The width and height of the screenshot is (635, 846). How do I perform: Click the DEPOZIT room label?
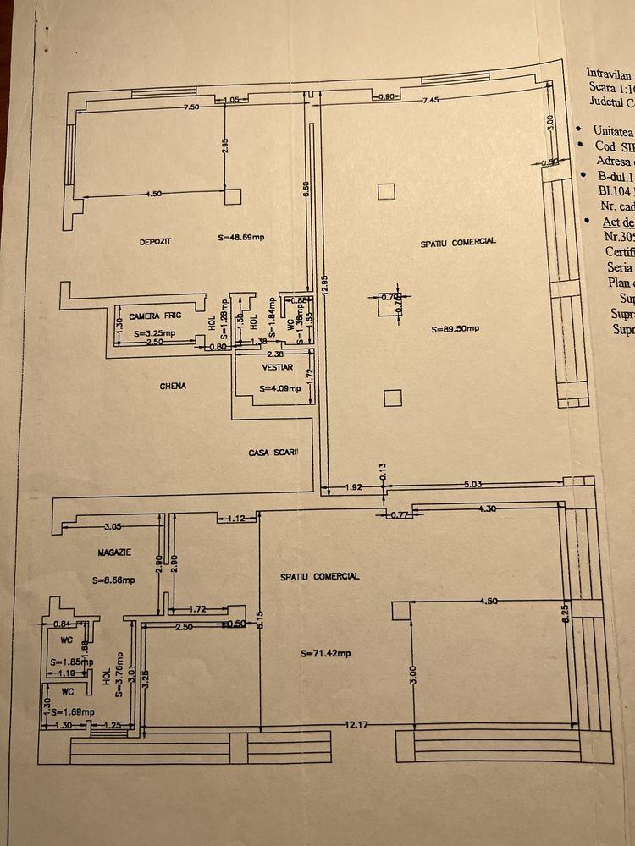(156, 242)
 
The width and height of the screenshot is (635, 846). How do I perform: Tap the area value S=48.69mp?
(241, 238)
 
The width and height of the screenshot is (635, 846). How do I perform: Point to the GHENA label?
(173, 386)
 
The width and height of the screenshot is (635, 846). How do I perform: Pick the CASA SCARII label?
(273, 453)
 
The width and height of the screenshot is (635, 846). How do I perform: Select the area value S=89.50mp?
(456, 329)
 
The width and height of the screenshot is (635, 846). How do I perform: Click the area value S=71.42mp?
(326, 653)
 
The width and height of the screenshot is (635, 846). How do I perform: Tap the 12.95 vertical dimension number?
(325, 288)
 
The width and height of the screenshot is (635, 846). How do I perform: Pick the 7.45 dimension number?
(438, 101)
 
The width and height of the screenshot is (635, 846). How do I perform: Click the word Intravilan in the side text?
(610, 74)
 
